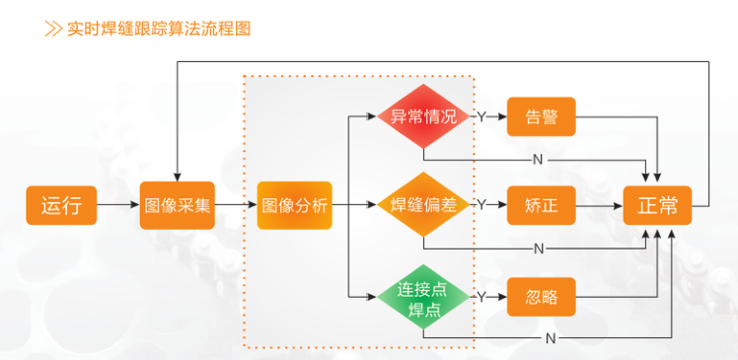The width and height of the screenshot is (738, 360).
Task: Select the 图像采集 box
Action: click(x=177, y=205)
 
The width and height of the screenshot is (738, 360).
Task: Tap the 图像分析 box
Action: click(x=294, y=205)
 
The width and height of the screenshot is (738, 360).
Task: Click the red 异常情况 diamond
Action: click(x=423, y=116)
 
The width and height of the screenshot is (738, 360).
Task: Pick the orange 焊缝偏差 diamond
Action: click(x=423, y=205)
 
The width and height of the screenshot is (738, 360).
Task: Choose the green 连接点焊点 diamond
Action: click(x=423, y=296)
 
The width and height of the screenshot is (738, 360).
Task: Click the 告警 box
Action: click(x=541, y=116)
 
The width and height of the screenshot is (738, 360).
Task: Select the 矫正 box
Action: click(x=541, y=205)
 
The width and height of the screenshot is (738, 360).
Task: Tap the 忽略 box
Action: click(x=541, y=296)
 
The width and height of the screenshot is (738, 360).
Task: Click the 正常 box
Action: click(x=657, y=205)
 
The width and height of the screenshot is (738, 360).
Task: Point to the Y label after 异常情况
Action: click(x=481, y=116)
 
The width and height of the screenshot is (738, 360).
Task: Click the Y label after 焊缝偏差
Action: click(x=481, y=205)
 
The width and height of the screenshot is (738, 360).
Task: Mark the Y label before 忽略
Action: click(x=481, y=296)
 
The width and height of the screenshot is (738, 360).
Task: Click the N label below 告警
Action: click(x=538, y=159)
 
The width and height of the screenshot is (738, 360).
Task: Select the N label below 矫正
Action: click(x=538, y=247)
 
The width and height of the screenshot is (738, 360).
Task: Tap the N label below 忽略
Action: click(x=549, y=337)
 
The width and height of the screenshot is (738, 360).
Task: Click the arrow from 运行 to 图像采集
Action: click(x=118, y=205)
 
